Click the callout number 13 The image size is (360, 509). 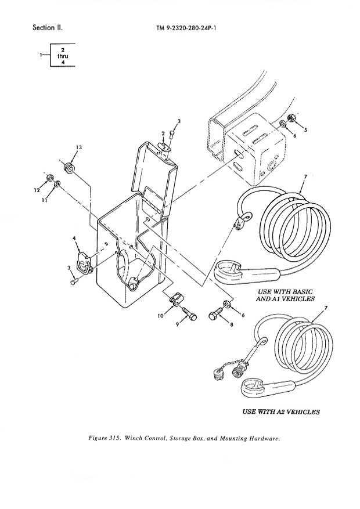78,147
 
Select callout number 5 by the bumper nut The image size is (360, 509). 305,129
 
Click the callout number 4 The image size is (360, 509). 74,238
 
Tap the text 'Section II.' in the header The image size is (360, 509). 48,27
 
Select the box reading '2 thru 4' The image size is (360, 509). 62,56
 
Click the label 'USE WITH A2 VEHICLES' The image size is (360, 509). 280,411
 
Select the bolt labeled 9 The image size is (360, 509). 188,314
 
